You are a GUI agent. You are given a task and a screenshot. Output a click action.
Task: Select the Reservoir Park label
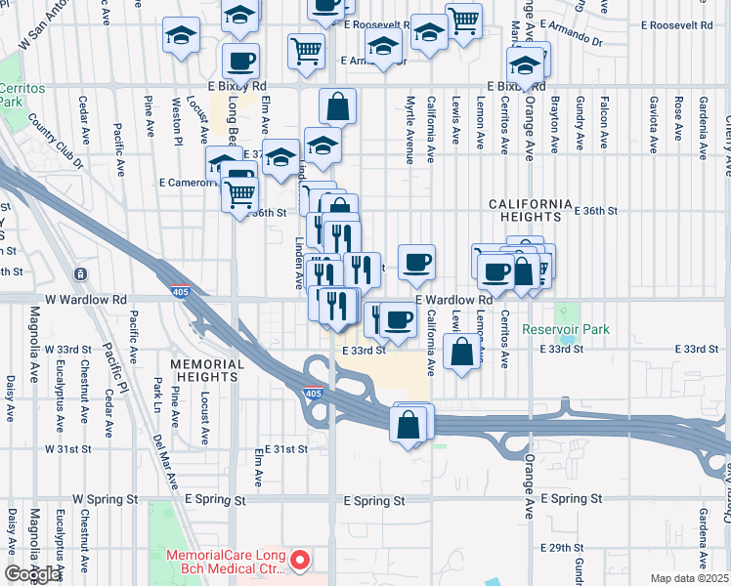(566, 330)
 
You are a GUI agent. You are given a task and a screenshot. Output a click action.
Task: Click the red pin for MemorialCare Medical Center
(302, 561)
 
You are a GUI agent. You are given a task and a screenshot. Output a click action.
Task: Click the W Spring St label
(101, 499)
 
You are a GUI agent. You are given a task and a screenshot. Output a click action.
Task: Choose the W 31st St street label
(67, 449)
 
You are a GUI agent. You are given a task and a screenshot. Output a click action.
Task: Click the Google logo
(32, 574)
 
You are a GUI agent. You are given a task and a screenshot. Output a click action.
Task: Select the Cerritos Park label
(21, 95)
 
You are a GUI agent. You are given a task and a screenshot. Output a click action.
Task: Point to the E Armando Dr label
(682, 41)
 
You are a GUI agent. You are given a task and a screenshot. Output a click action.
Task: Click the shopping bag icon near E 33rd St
(461, 351)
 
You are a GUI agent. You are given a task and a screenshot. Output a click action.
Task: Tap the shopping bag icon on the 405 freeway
(408, 424)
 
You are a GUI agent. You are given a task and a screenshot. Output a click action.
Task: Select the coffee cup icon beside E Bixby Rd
(240, 62)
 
